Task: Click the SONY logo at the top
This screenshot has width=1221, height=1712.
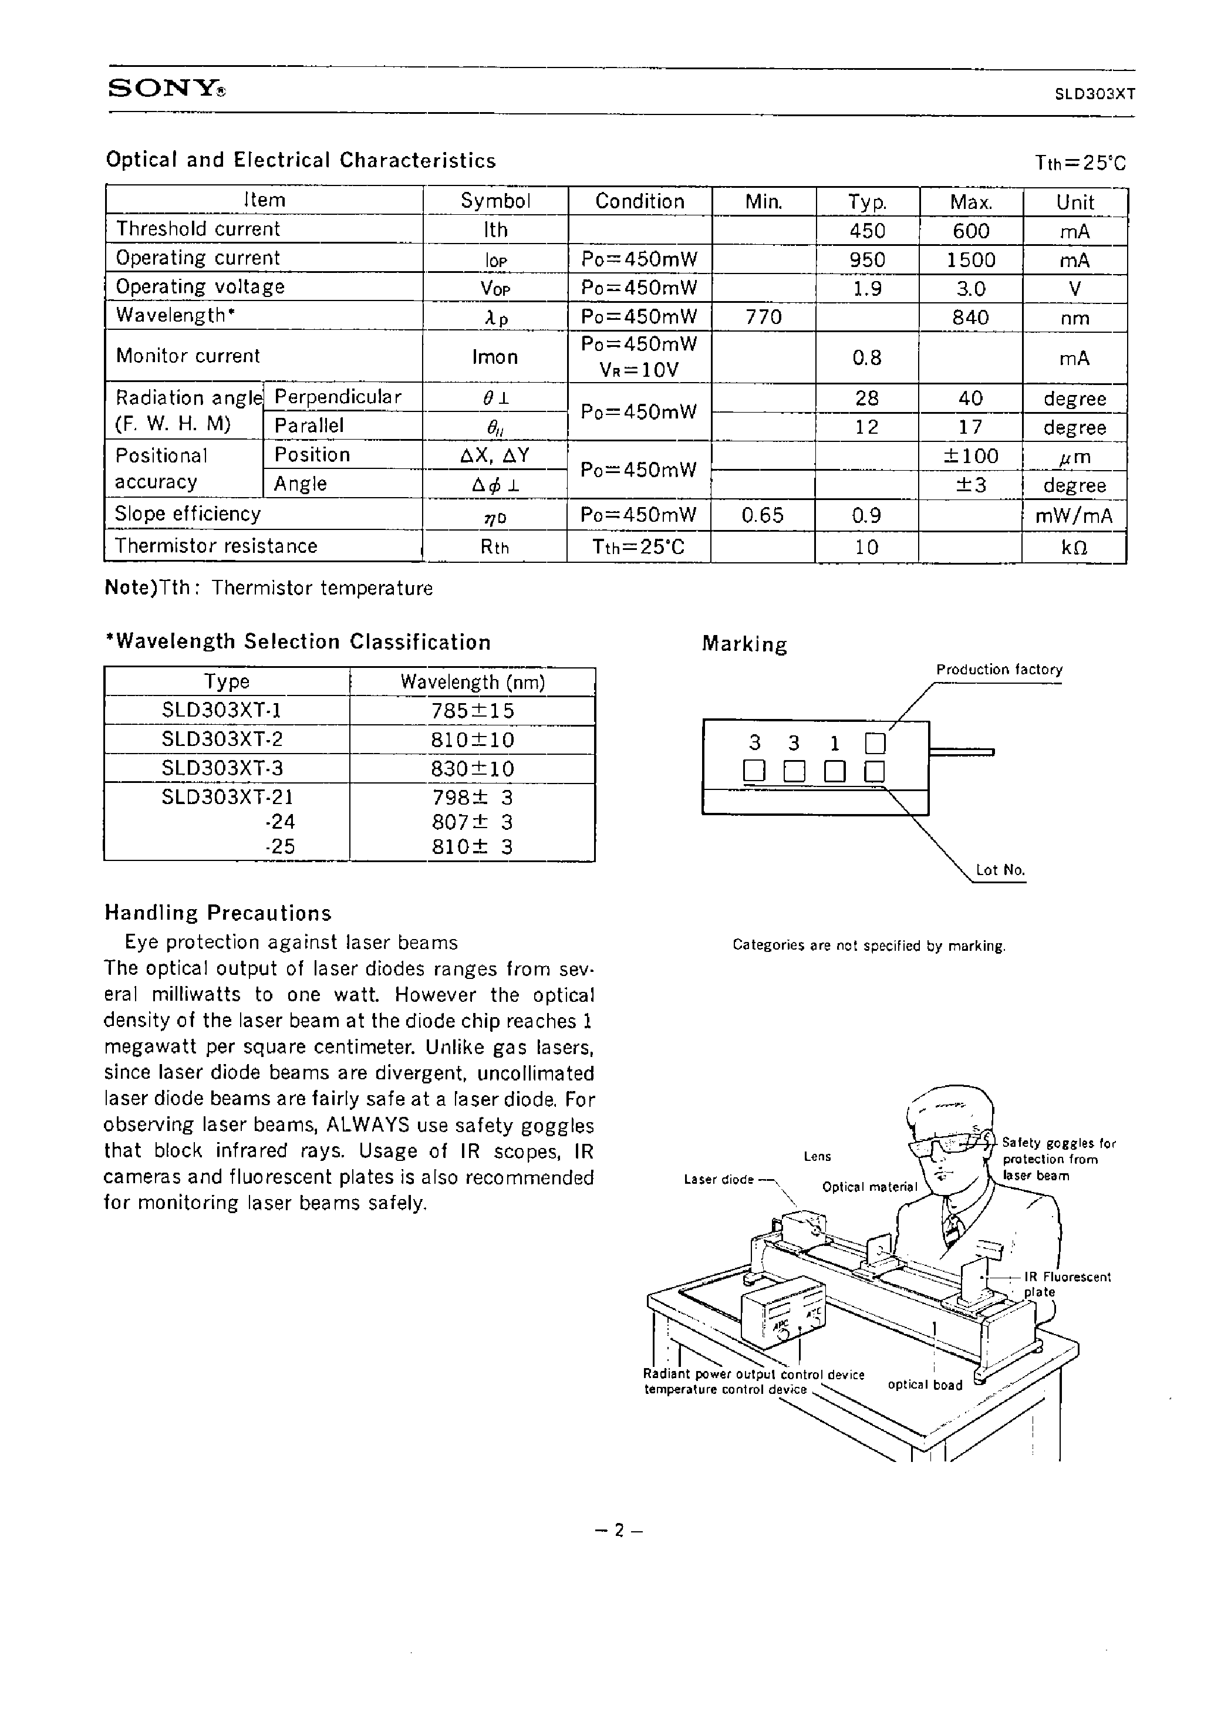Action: tap(166, 89)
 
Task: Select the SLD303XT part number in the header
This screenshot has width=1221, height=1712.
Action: tap(1094, 94)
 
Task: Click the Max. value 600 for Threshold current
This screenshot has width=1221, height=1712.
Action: tap(970, 231)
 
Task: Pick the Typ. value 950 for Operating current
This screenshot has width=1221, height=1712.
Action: tap(867, 260)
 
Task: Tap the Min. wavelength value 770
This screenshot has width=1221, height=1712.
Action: tap(763, 317)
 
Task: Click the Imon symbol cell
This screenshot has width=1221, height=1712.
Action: tap(495, 357)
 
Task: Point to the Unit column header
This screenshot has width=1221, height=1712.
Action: tap(1074, 202)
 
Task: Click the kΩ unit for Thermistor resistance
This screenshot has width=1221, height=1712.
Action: tap(1074, 547)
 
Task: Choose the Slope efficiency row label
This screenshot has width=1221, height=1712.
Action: tap(187, 514)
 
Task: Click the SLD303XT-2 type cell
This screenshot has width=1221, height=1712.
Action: tap(222, 739)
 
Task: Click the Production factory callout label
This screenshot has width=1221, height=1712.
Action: tap(999, 670)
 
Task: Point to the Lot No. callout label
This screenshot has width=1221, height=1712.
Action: tap(1000, 870)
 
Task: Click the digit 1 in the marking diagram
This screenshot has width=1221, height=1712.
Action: tap(834, 743)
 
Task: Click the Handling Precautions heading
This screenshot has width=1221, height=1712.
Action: tap(217, 913)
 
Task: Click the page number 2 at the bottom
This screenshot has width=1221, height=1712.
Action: tap(618, 1530)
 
